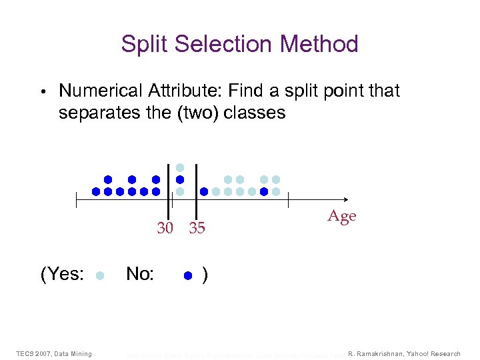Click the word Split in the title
141,45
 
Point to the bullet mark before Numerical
41,91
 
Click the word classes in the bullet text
254,113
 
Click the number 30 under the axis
165,229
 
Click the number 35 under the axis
197,229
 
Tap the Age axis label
342,216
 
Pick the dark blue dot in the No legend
188,275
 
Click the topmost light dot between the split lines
179,167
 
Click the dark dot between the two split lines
179,179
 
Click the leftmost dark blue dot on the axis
96,191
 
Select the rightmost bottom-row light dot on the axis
276,191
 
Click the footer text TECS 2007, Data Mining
54,353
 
